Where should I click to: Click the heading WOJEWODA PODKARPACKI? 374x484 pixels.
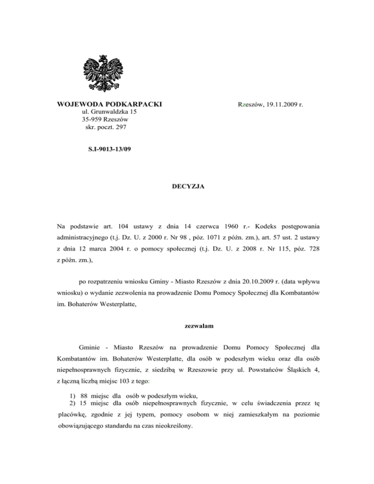109,105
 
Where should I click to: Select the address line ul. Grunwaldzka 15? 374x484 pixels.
109,112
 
